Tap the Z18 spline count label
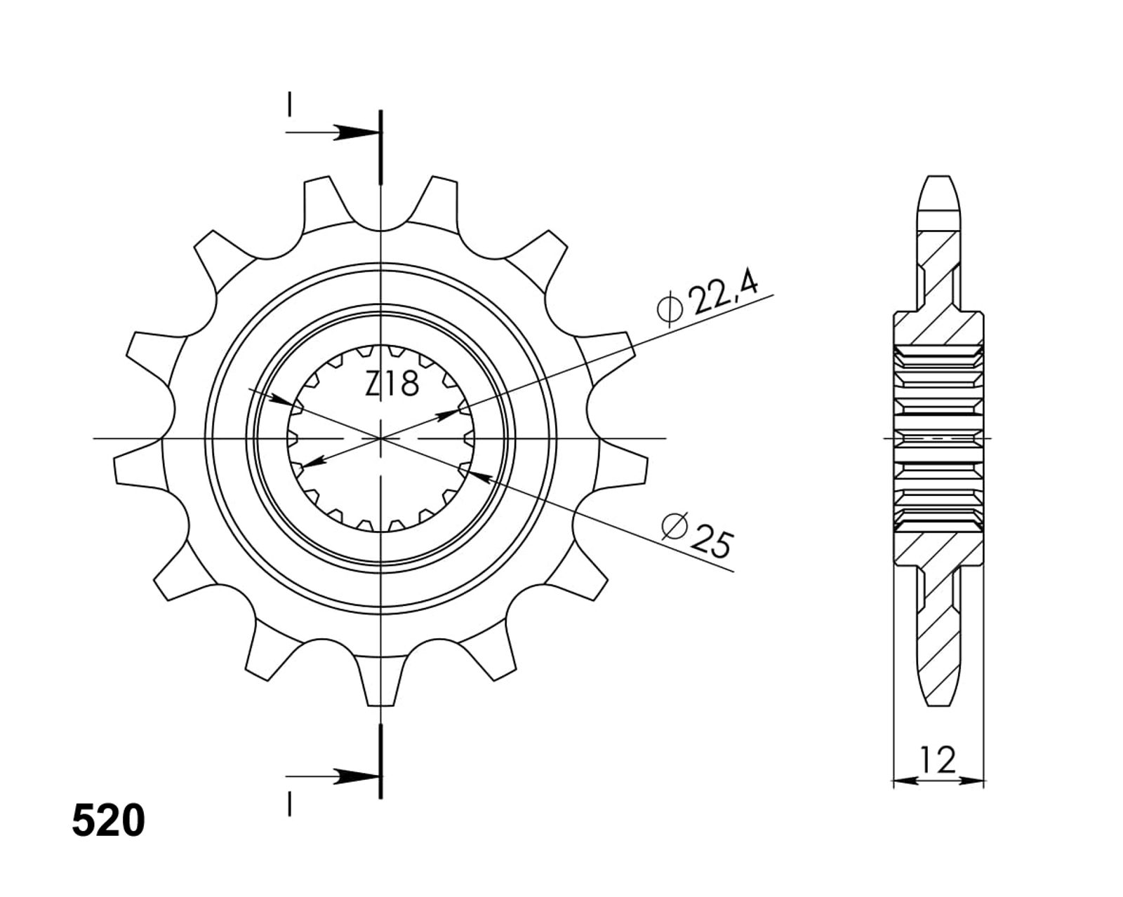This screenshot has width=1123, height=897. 392,384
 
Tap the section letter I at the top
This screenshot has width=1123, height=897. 289,104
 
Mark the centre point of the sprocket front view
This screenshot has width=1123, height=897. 381,438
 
